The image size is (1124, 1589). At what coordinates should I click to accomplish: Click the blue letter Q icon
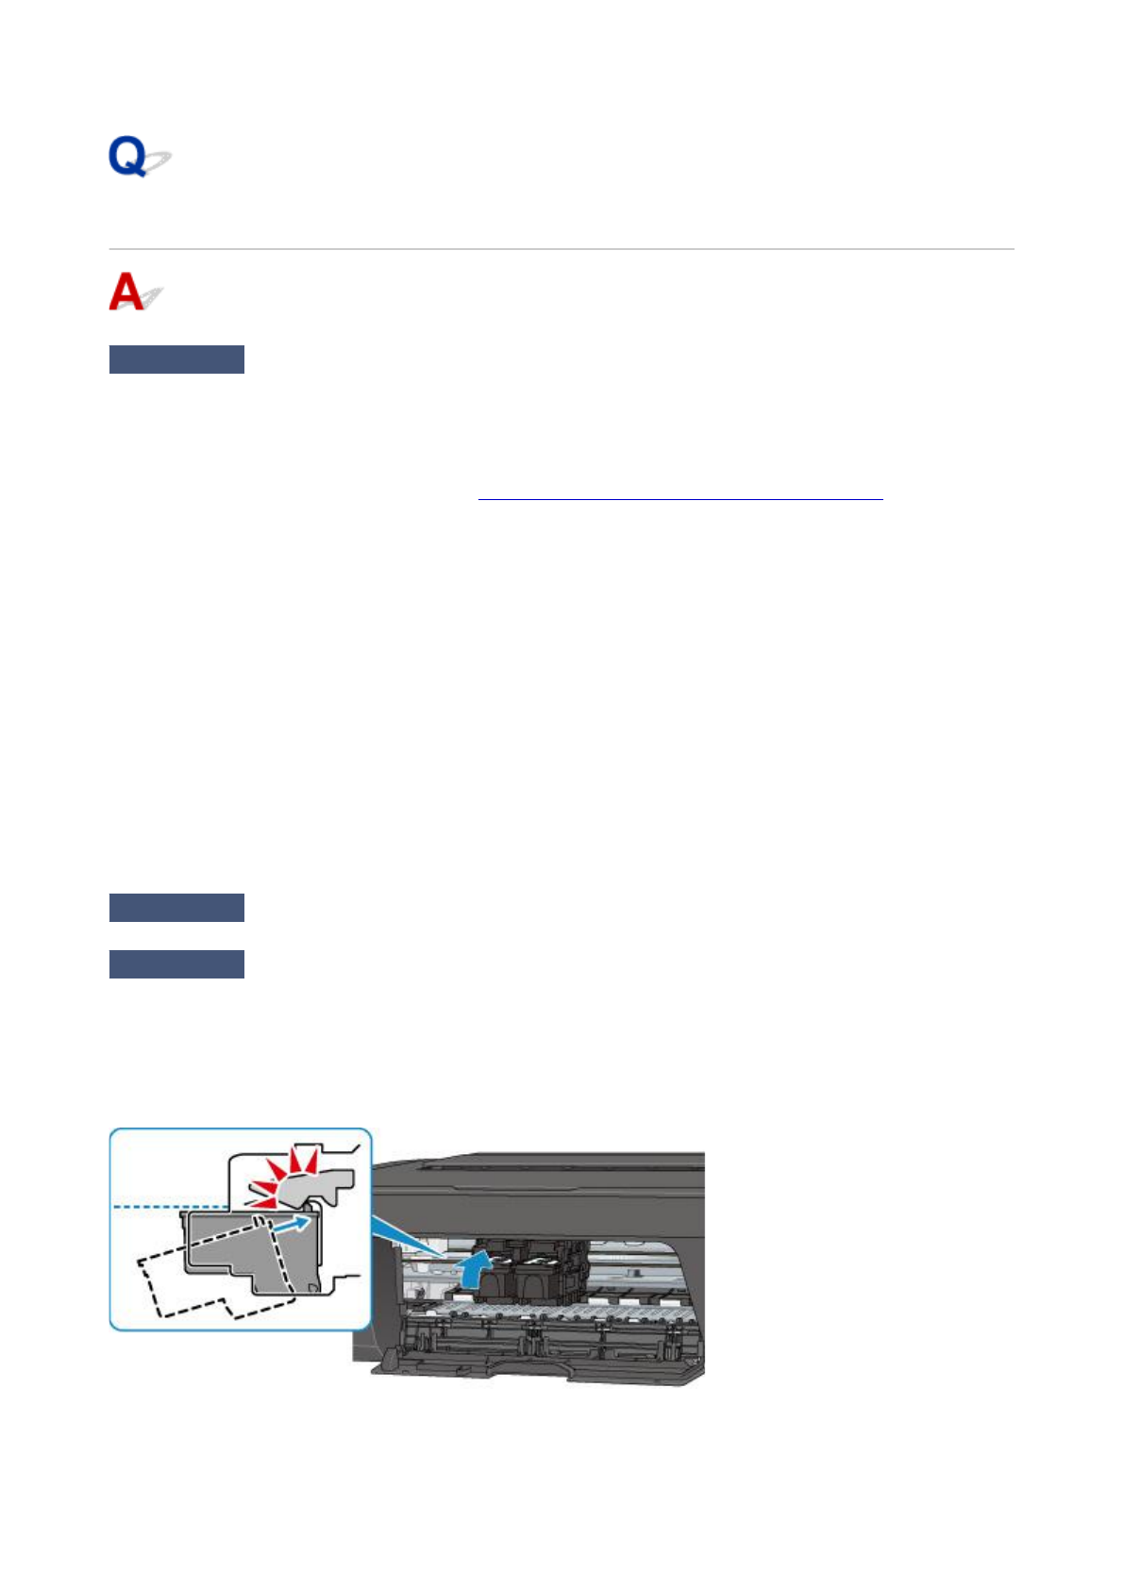(127, 156)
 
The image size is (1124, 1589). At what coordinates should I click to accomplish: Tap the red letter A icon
(126, 292)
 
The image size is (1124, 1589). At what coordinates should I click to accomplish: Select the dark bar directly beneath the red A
(176, 360)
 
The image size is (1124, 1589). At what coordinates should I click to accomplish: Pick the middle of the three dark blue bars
(176, 908)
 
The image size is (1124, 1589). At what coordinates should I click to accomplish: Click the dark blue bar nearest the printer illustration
(176, 964)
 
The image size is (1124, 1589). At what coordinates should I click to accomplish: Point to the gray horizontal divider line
(562, 249)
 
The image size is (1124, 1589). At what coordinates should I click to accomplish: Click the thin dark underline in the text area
(679, 498)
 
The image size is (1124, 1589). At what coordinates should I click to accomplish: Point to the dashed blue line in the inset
(170, 1206)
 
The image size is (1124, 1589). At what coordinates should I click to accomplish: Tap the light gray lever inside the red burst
(316, 1184)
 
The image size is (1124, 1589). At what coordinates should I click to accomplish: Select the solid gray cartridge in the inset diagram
(250, 1250)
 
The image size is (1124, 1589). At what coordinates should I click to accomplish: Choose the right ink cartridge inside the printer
(543, 1269)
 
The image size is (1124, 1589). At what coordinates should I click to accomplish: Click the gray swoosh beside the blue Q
(158, 162)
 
